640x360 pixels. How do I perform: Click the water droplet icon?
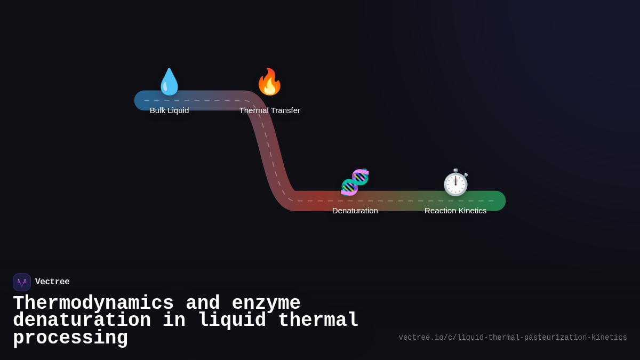click(x=169, y=82)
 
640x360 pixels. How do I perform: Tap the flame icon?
click(x=269, y=82)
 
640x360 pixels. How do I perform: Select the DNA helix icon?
click(x=355, y=182)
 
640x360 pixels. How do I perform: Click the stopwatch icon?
click(x=455, y=183)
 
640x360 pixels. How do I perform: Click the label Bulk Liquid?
click(x=169, y=110)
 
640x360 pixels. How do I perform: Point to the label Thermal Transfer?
click(x=269, y=110)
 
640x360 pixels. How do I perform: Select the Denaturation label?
click(x=355, y=211)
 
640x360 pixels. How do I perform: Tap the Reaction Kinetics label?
click(x=455, y=211)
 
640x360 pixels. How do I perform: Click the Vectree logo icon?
click(x=22, y=282)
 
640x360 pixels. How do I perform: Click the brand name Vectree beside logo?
click(x=52, y=282)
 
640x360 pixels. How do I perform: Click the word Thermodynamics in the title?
click(x=93, y=303)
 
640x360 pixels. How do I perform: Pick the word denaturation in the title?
click(x=82, y=321)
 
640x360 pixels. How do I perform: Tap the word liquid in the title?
click(x=231, y=321)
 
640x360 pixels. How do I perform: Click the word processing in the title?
click(x=70, y=338)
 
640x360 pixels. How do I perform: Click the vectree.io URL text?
click(x=513, y=338)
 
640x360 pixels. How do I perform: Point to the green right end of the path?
click(x=496, y=201)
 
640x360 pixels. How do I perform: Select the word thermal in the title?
click(x=318, y=321)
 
